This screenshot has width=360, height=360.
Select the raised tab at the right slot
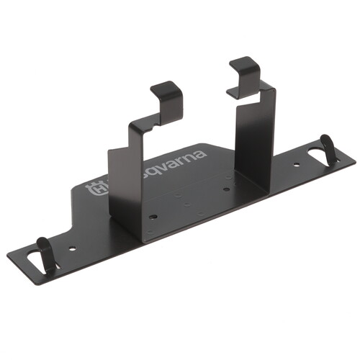coord(327,149)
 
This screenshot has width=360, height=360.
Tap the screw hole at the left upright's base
coord(153,215)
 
